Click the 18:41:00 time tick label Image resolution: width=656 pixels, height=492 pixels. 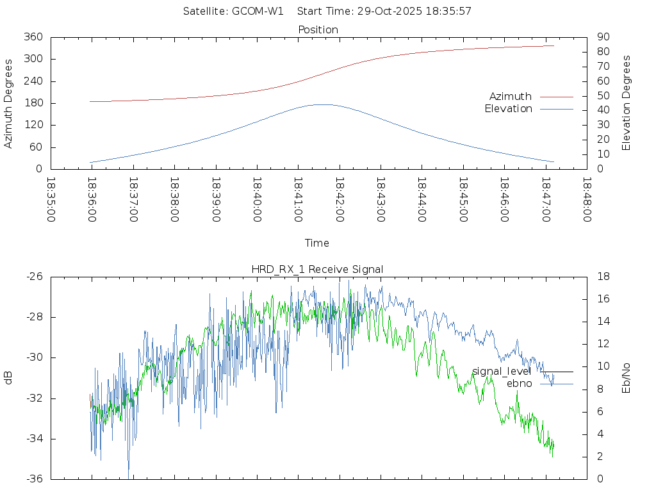click(x=298, y=200)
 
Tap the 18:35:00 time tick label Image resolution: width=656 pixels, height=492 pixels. click(x=51, y=200)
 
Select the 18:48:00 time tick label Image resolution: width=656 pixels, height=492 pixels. click(x=586, y=200)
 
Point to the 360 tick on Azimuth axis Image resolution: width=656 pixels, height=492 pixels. click(x=33, y=37)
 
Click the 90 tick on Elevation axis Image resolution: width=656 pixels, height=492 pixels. click(x=602, y=37)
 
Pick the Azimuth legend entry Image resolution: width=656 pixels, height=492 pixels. click(x=511, y=97)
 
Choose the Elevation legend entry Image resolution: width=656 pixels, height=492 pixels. click(x=509, y=109)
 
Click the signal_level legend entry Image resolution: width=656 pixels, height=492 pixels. click(x=501, y=372)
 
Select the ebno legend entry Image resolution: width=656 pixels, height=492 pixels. click(x=519, y=384)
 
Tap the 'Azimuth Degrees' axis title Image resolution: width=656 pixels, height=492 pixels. click(x=9, y=103)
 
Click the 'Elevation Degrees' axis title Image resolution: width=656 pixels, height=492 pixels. click(x=627, y=103)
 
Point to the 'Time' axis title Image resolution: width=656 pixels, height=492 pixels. click(x=317, y=243)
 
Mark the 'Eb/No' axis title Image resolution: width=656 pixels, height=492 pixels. click(x=627, y=378)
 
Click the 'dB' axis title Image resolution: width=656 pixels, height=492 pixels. click(x=9, y=378)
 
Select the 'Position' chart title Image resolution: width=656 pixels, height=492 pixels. click(x=318, y=29)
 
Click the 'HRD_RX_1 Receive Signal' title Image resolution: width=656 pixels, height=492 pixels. click(x=318, y=269)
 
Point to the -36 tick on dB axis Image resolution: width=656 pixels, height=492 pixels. click(x=33, y=479)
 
